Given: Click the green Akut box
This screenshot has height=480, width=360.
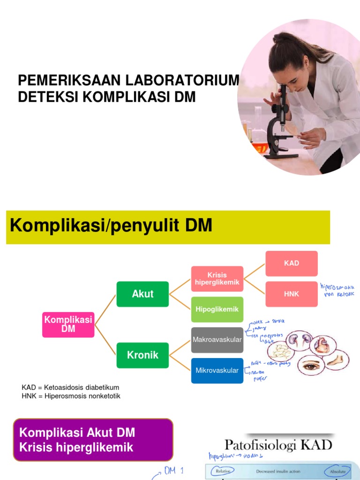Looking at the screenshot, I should tap(143, 294).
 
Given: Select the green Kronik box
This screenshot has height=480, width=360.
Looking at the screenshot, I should tap(142, 355).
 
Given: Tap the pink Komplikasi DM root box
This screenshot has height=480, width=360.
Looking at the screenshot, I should tap(68, 324).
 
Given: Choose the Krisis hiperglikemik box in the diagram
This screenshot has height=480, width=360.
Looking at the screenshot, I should tap(217, 278).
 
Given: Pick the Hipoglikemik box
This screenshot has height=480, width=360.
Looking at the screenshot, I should tap(217, 309).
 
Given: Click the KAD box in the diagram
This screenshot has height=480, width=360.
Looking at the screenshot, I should tap(292, 263).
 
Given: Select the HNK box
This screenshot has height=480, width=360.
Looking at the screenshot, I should tap(292, 294).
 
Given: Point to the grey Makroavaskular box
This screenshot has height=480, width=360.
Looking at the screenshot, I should tap(217, 339).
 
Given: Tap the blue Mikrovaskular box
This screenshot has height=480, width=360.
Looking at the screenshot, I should tap(217, 370).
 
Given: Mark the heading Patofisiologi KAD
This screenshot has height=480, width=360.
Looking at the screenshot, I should tap(278, 444).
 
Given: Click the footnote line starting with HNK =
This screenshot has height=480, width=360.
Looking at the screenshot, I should tap(71, 396).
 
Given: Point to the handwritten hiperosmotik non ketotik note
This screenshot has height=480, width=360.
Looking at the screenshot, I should tap(337, 290).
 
